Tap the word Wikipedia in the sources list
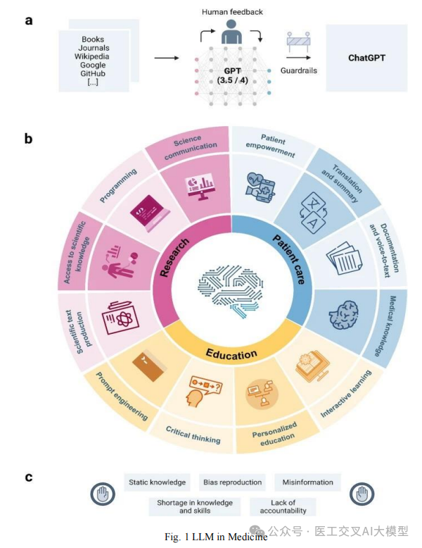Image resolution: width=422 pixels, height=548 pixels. tap(93, 57)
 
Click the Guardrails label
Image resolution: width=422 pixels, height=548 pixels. tap(299, 70)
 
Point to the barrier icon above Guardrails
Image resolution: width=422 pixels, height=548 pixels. tap(298, 44)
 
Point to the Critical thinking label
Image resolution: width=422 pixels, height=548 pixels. tap(193, 435)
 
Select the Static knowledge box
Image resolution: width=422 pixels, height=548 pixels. tap(157, 482)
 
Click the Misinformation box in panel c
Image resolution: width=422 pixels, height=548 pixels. tap(307, 482)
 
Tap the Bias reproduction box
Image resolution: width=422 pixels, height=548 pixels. tap(232, 482)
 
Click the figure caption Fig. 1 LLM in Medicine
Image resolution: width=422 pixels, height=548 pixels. tap(215, 537)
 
